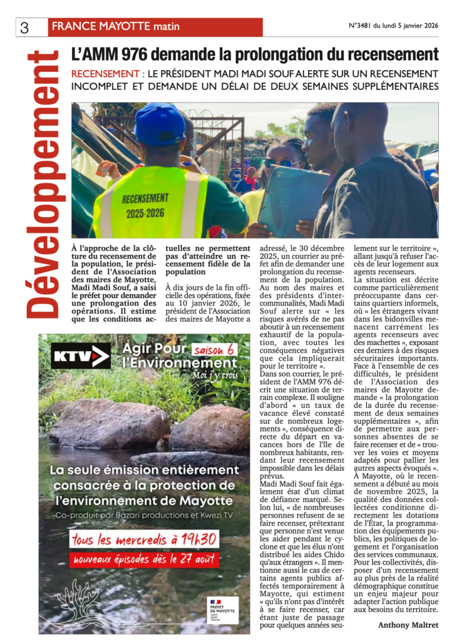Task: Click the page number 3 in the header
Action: tap(25, 28)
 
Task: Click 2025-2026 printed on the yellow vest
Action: tap(145, 212)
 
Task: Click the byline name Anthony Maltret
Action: tap(408, 625)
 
